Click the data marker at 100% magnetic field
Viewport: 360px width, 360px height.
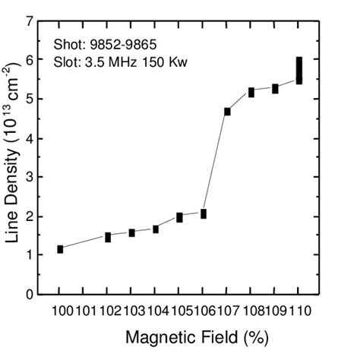pyautogui.click(x=60, y=249)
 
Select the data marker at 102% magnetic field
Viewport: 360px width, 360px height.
pyautogui.click(x=108, y=238)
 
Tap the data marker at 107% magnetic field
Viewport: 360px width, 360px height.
pyautogui.click(x=227, y=112)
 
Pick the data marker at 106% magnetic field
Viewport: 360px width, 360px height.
pyautogui.click(x=203, y=214)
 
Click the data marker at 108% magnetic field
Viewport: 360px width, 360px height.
pyautogui.click(x=251, y=93)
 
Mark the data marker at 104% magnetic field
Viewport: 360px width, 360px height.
pyautogui.click(x=156, y=229)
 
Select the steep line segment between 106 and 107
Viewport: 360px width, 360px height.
pyautogui.click(x=215, y=163)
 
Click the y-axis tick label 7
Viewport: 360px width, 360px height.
pyautogui.click(x=30, y=22)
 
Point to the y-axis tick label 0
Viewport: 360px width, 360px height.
pyautogui.click(x=30, y=294)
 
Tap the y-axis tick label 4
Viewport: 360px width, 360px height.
pyautogui.click(x=30, y=138)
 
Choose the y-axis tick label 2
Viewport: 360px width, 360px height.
pyautogui.click(x=30, y=216)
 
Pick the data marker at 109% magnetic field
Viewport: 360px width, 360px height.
pyautogui.click(x=275, y=89)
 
